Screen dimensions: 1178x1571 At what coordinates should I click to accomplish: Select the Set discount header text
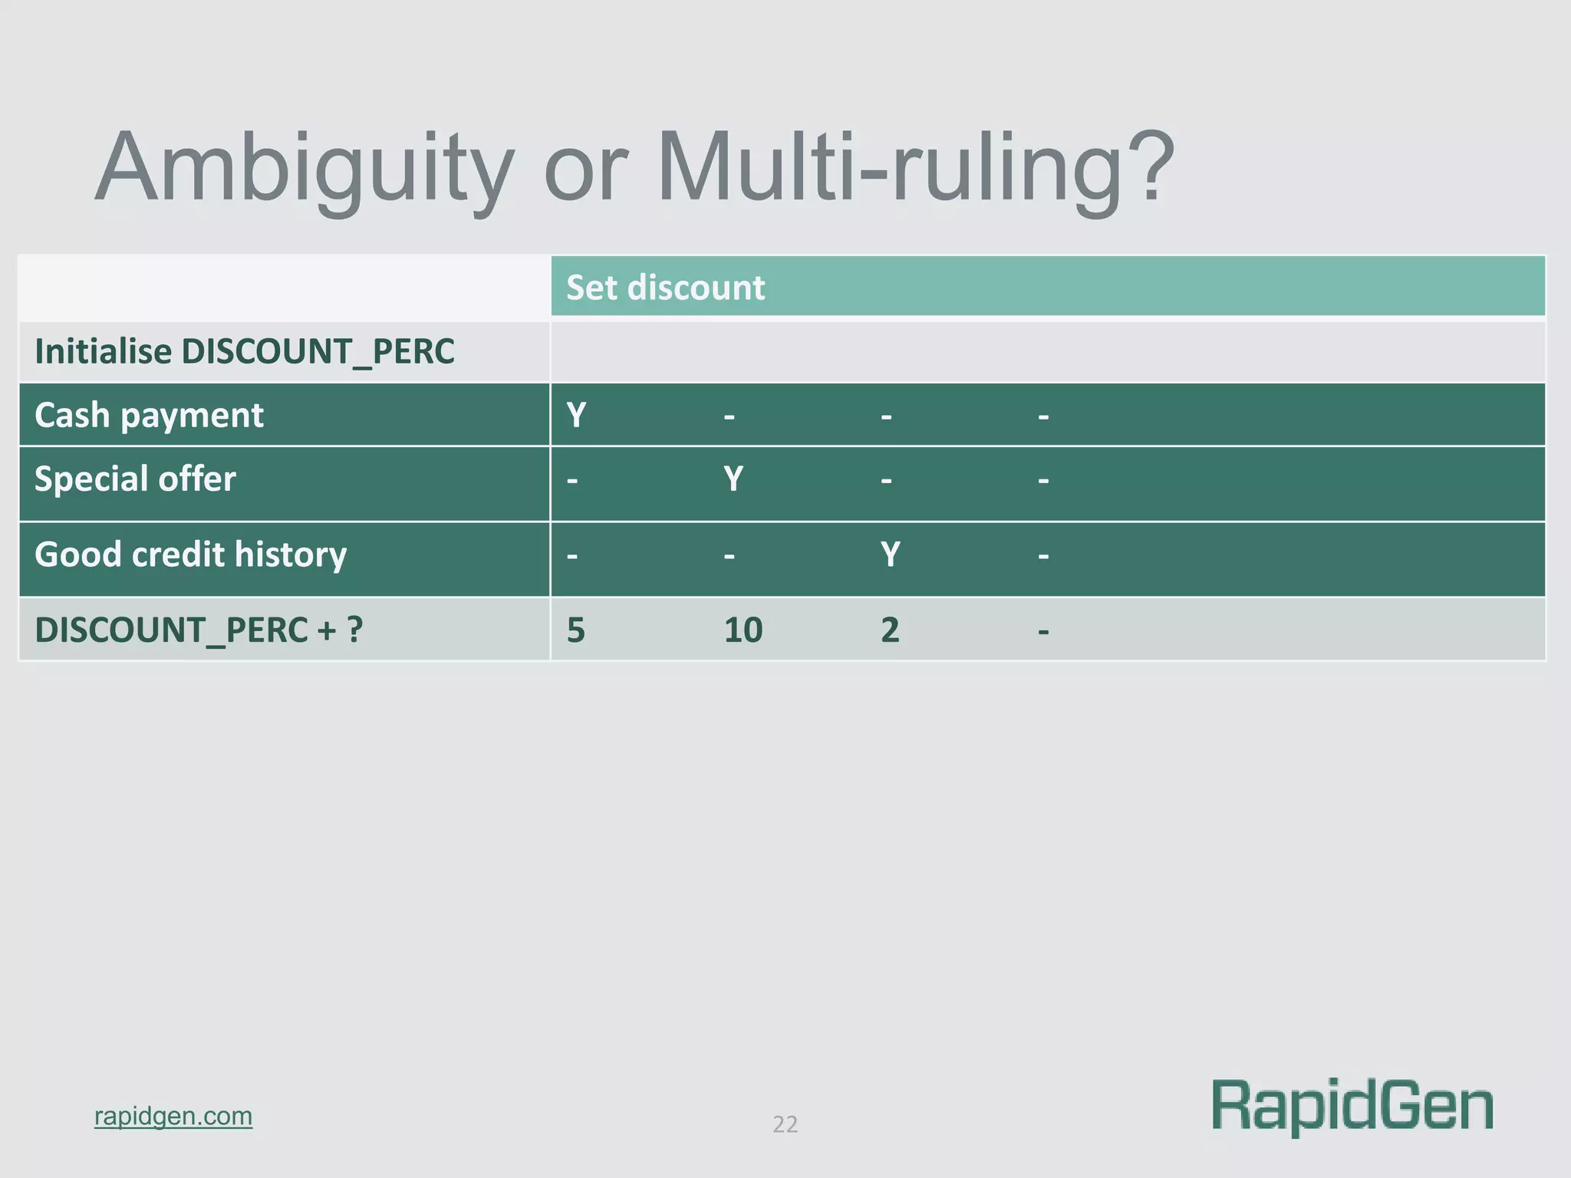pyautogui.click(x=665, y=288)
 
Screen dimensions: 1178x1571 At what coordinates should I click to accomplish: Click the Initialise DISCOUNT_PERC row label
pyautogui.click(x=245, y=352)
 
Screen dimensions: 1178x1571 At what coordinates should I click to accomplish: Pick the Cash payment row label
pyautogui.click(x=149, y=416)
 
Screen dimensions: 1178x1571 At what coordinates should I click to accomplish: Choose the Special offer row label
pyautogui.click(x=135, y=479)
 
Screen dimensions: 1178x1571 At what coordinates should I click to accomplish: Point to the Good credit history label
pyautogui.click(x=191, y=554)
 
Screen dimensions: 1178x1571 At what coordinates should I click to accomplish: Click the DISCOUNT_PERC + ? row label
pyautogui.click(x=199, y=630)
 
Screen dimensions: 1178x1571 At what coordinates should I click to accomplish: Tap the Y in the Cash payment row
pyautogui.click(x=576, y=416)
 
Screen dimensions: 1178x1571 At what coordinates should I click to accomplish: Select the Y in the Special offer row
pyautogui.click(x=733, y=479)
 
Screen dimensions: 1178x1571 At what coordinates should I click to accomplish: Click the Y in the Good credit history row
pyautogui.click(x=890, y=554)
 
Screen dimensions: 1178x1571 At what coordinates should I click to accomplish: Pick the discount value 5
pyautogui.click(x=576, y=630)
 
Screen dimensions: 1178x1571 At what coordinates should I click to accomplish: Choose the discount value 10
pyautogui.click(x=743, y=630)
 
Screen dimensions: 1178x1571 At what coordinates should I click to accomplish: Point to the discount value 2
pyautogui.click(x=890, y=630)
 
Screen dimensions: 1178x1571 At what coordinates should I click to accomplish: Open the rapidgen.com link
pyautogui.click(x=173, y=1116)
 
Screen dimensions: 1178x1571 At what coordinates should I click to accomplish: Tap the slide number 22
pyautogui.click(x=785, y=1124)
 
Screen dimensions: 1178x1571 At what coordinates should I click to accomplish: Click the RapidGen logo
pyautogui.click(x=1352, y=1107)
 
